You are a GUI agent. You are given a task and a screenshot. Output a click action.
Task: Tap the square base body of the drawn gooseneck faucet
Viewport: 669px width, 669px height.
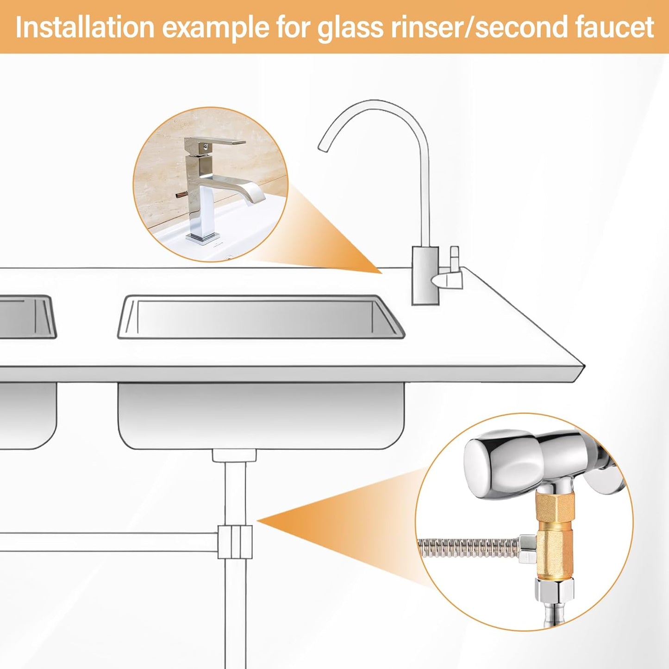tap(425, 276)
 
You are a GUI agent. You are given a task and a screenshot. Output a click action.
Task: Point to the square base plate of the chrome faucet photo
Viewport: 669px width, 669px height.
tap(203, 238)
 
